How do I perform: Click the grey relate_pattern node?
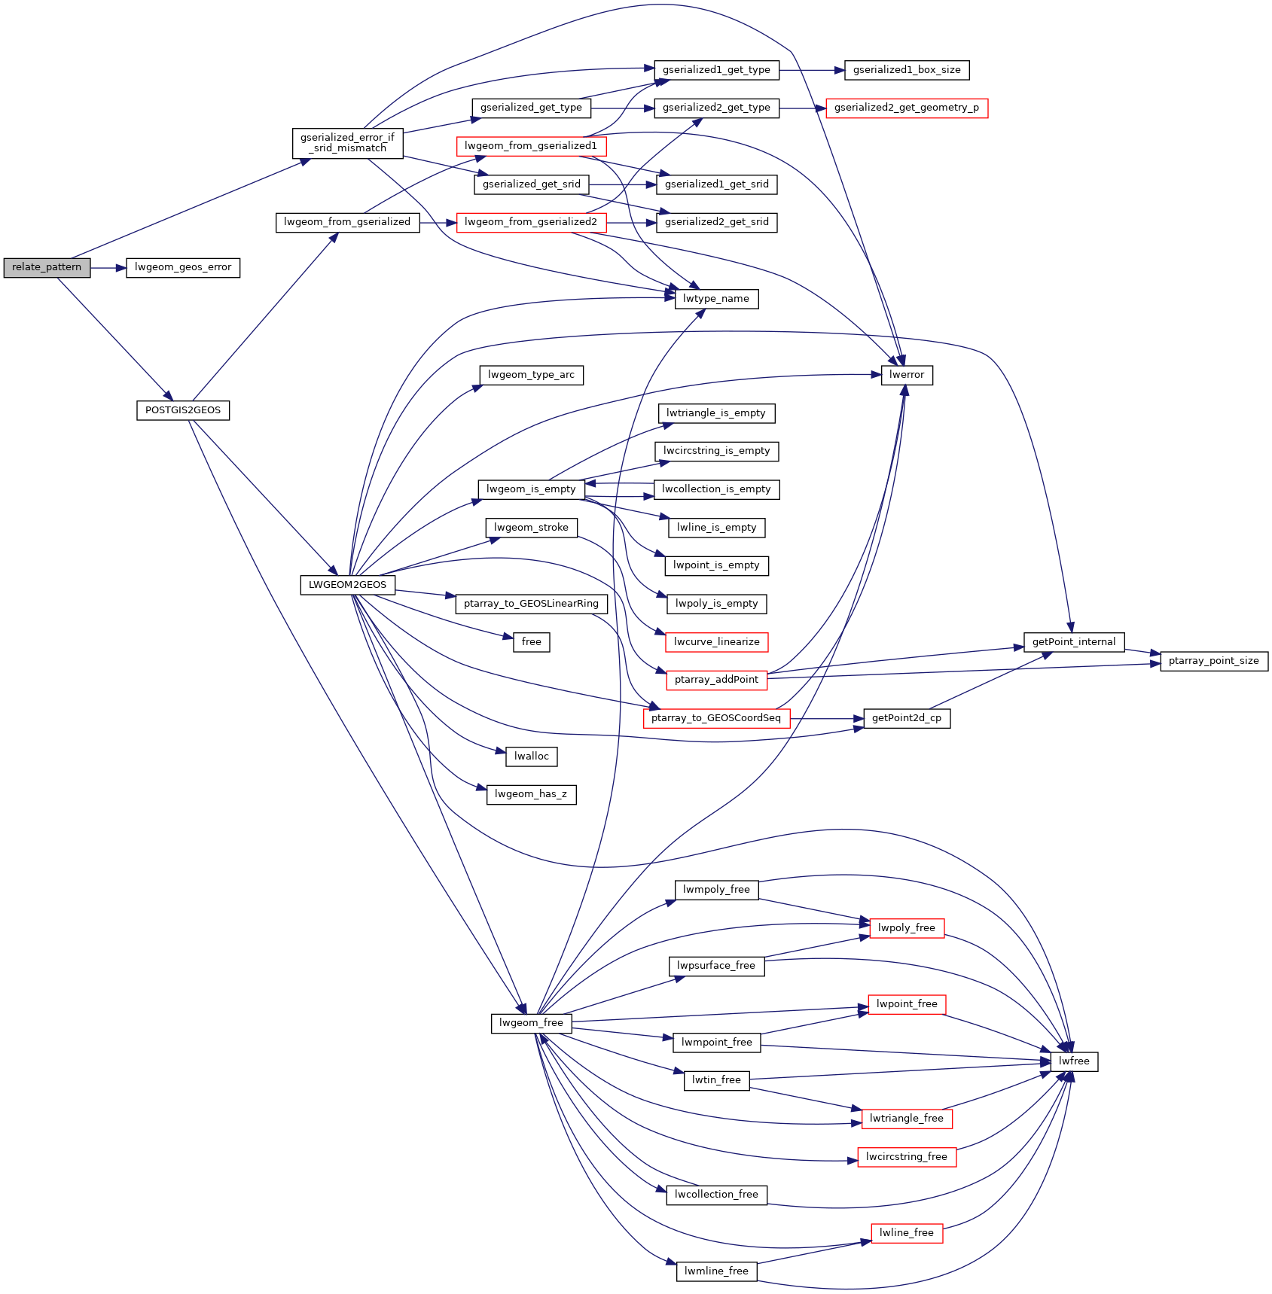(47, 267)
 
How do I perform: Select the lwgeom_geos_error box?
(183, 267)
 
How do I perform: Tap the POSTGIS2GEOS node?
(183, 410)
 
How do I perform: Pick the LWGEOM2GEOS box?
(347, 584)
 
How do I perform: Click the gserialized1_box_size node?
(907, 70)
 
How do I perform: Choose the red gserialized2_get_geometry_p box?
(907, 108)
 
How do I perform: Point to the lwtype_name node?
(716, 299)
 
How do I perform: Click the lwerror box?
(907, 375)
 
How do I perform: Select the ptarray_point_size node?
(1214, 661)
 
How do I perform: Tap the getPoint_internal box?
(1074, 642)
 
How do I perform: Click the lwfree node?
(1074, 1061)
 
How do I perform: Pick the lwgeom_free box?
(531, 1023)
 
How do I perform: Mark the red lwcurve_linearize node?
(716, 642)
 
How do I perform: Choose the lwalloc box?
(531, 756)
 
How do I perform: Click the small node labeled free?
(531, 642)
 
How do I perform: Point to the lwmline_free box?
(716, 1271)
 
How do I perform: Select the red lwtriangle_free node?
(907, 1119)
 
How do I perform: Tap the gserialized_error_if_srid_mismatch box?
(347, 143)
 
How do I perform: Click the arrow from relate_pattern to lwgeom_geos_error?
(108, 267)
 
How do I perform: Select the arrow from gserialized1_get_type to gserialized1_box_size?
(812, 70)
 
